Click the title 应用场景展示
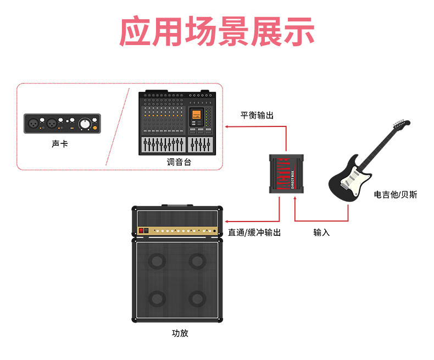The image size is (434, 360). point(217,31)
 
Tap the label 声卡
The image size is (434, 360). point(60,144)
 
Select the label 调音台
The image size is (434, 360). point(179,163)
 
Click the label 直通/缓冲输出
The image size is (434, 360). point(254,232)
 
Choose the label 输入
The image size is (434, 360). point(321,232)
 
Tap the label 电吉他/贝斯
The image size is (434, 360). point(395,195)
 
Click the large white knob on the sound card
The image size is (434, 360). point(85,124)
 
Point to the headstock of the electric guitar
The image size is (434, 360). point(400,125)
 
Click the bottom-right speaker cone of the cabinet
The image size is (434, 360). point(197,298)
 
